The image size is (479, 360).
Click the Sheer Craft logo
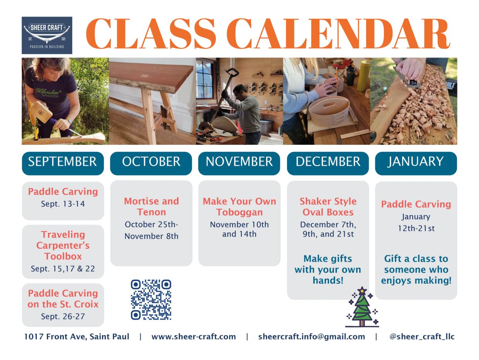tap(47, 36)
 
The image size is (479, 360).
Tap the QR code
tap(151, 300)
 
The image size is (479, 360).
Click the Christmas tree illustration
tap(362, 307)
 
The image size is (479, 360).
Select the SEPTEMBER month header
tap(63, 163)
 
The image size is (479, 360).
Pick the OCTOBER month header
tap(151, 163)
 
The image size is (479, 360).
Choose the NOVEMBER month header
tap(239, 163)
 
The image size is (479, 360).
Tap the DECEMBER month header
tap(328, 163)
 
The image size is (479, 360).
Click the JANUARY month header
tap(416, 163)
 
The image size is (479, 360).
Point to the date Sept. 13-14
tap(63, 204)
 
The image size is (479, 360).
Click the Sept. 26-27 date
tap(63, 316)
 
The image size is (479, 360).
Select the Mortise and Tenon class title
tap(151, 206)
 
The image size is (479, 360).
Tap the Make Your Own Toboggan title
tap(239, 207)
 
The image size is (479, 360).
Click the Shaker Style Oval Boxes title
tap(328, 207)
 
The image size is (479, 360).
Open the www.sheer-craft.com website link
tap(194, 337)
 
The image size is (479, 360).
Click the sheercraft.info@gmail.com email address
tap(312, 337)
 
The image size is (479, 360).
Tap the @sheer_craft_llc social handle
tap(422, 337)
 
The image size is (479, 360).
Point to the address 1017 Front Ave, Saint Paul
tap(76, 337)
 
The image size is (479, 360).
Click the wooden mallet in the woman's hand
tap(41, 112)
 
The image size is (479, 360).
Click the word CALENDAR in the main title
tap(338, 33)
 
